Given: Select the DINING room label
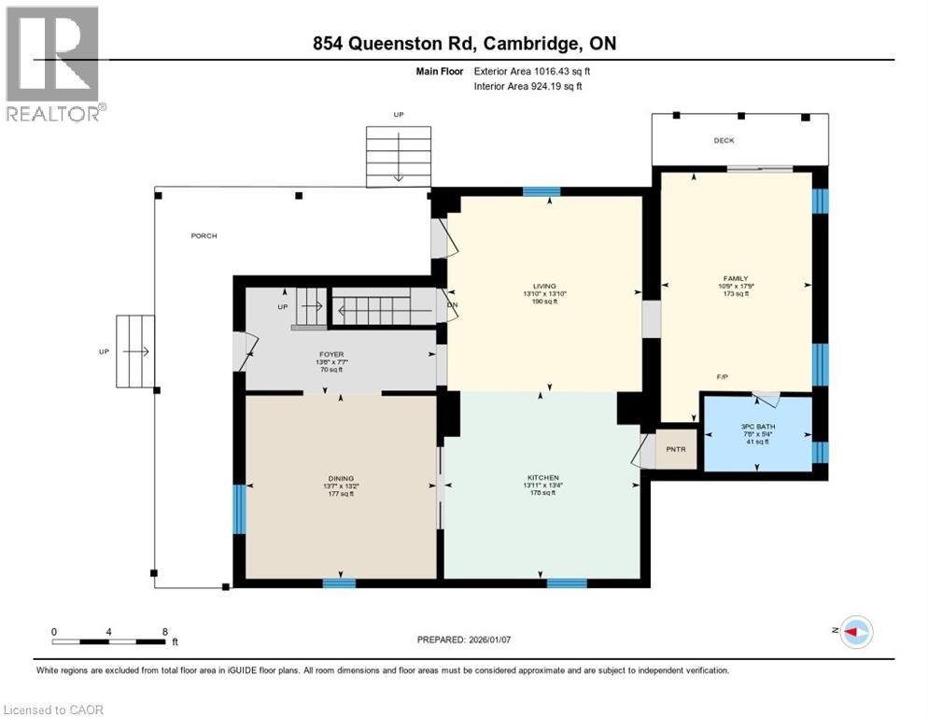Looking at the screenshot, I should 341,478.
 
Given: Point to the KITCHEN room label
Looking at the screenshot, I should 542,478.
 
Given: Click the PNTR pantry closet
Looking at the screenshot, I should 676,448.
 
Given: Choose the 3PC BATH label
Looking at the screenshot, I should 757,427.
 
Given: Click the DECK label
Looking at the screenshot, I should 724,141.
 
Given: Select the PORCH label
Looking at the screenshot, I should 204,235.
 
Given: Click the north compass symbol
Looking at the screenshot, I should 855,632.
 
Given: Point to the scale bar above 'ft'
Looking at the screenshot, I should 110,641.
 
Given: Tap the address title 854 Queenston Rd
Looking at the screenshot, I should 464,44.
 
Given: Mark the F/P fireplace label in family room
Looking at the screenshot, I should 722,376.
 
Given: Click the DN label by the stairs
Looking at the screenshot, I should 453,304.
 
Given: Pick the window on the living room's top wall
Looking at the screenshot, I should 541,191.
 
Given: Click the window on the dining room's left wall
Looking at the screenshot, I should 239,508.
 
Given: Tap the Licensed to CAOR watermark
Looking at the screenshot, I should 54,710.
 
